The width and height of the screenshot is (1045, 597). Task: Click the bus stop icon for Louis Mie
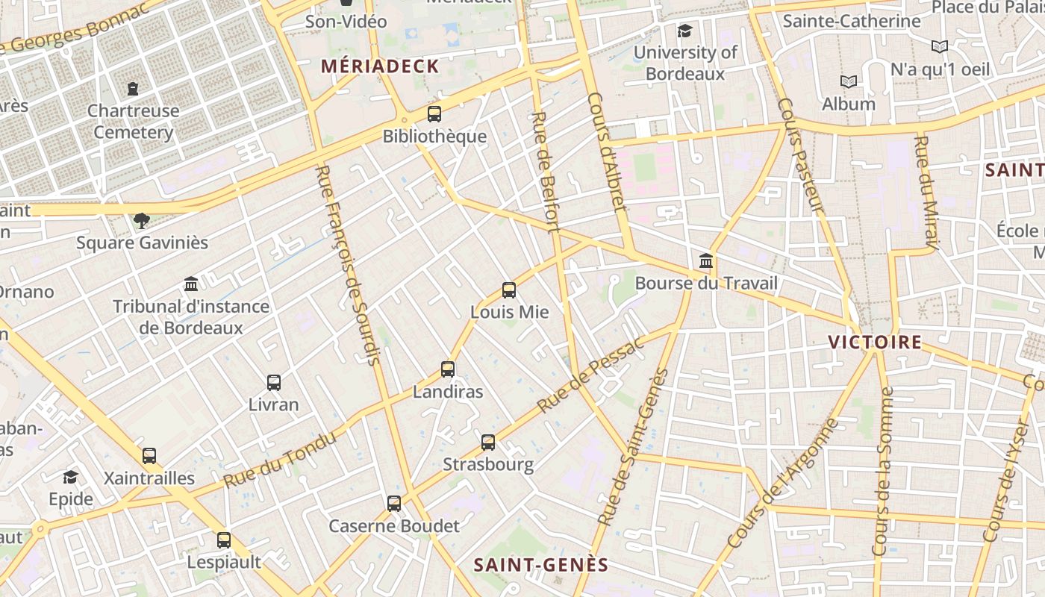(x=509, y=290)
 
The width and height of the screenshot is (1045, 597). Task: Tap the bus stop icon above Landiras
(x=448, y=369)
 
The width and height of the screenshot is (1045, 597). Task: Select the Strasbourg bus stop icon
(x=488, y=443)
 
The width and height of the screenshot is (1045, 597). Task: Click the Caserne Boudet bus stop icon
(x=394, y=504)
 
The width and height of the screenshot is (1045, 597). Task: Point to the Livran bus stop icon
(x=274, y=383)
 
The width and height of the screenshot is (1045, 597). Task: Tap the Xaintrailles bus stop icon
(x=149, y=456)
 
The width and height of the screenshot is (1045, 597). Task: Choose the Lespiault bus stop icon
(x=224, y=540)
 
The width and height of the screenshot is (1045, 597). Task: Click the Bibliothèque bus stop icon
(x=434, y=114)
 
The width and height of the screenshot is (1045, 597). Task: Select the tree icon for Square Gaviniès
(x=141, y=220)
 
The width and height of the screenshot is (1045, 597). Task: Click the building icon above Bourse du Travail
(x=706, y=261)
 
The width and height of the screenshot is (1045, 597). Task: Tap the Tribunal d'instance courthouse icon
(x=191, y=284)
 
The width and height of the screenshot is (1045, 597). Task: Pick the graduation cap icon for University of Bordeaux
(x=684, y=31)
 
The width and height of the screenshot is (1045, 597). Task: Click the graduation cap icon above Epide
(x=70, y=477)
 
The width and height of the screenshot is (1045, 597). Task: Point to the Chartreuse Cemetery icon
(x=133, y=89)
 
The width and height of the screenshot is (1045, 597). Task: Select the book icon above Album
(x=848, y=81)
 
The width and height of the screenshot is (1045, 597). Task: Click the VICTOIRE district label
(x=875, y=343)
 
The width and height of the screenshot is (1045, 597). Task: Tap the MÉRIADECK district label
(x=380, y=66)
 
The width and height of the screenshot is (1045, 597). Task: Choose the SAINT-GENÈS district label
(x=541, y=565)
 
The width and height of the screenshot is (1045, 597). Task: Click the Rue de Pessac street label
(x=590, y=375)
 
